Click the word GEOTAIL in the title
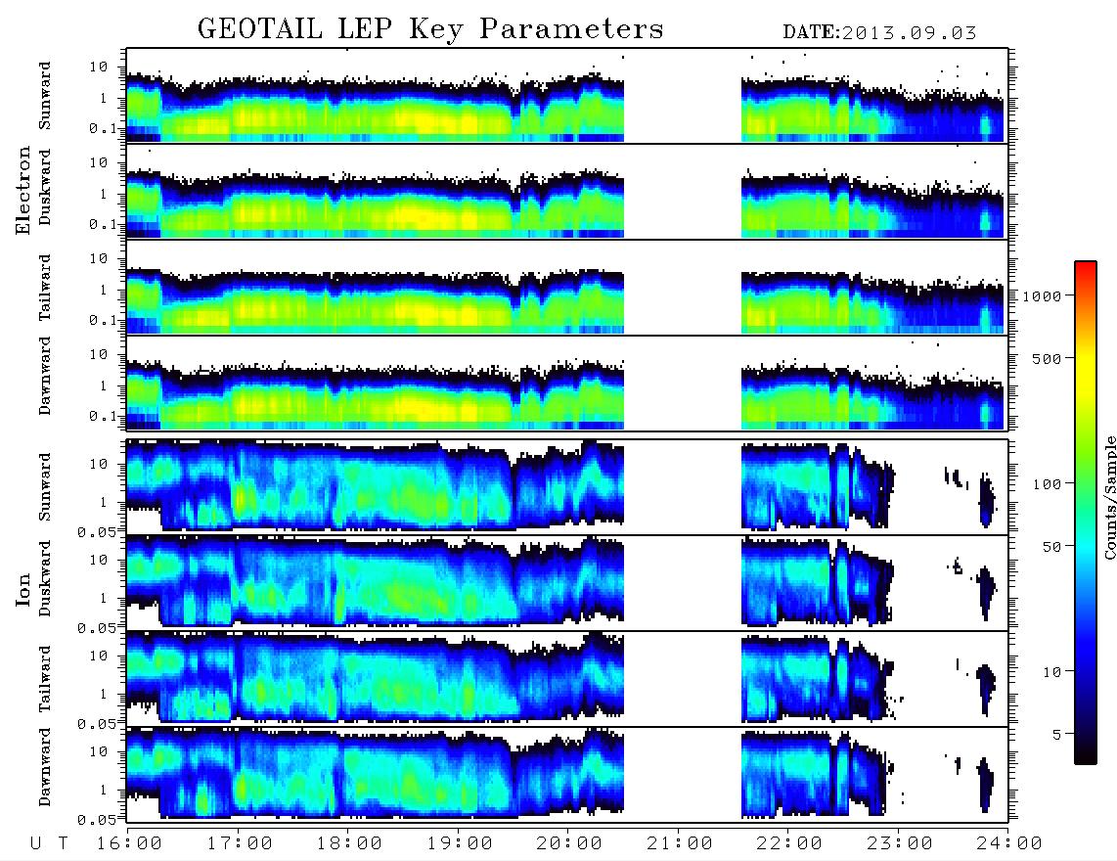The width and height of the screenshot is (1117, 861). (x=260, y=29)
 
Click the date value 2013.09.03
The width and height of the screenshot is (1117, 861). (x=909, y=33)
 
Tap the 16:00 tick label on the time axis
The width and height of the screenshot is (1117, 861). (x=130, y=844)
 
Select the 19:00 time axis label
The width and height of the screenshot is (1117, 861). (x=460, y=844)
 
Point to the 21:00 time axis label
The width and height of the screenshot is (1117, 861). (x=680, y=844)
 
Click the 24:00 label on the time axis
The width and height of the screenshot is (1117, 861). (x=1009, y=844)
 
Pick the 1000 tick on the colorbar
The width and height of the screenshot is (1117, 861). (x=1042, y=296)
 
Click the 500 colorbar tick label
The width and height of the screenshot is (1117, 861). (x=1048, y=358)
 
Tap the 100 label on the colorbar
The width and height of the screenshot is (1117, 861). (x=1048, y=484)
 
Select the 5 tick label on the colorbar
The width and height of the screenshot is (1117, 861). (x=1057, y=735)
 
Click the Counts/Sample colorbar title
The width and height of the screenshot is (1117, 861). (x=1109, y=497)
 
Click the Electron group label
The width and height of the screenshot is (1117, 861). (x=23, y=190)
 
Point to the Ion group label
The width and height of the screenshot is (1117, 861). (x=23, y=589)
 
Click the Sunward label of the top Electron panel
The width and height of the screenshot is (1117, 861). (x=45, y=96)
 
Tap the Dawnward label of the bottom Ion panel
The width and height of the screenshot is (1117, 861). (x=45, y=767)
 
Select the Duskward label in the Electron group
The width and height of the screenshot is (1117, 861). (x=45, y=187)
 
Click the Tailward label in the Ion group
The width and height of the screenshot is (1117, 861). (x=45, y=679)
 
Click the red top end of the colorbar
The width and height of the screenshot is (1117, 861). (x=1086, y=265)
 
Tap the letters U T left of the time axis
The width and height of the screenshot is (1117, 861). (x=49, y=844)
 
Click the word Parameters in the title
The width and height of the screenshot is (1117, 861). (x=571, y=29)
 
